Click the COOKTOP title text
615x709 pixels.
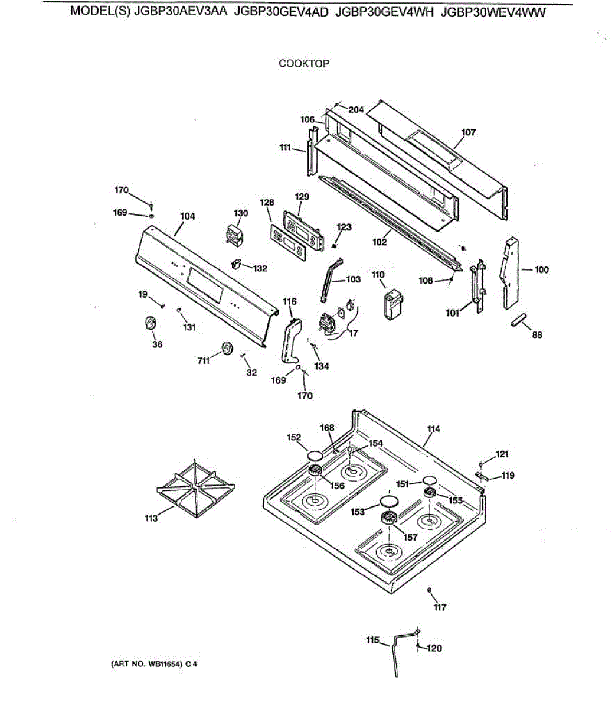304,63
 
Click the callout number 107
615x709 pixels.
469,132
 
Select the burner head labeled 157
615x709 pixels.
389,519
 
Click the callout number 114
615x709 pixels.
434,428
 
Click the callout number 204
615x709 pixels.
356,109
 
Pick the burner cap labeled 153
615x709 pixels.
388,502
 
